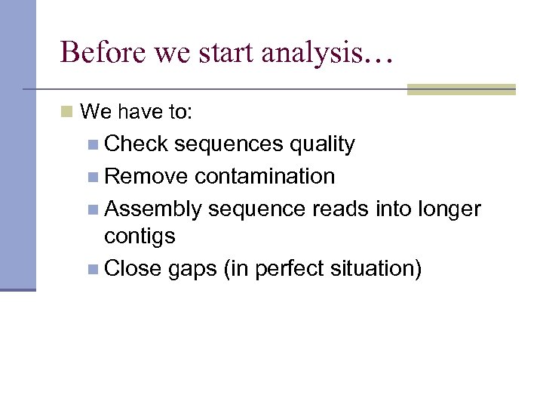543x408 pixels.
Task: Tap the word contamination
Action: [x=265, y=177]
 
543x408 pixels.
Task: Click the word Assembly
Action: [x=153, y=209]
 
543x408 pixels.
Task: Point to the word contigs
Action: [x=140, y=236]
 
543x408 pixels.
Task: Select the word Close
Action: [x=133, y=268]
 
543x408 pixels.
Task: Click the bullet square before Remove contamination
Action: [x=93, y=178]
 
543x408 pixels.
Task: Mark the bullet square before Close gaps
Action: [x=93, y=269]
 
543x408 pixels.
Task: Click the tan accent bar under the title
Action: [x=461, y=89]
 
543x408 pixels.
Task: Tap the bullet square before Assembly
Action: [x=93, y=209]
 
